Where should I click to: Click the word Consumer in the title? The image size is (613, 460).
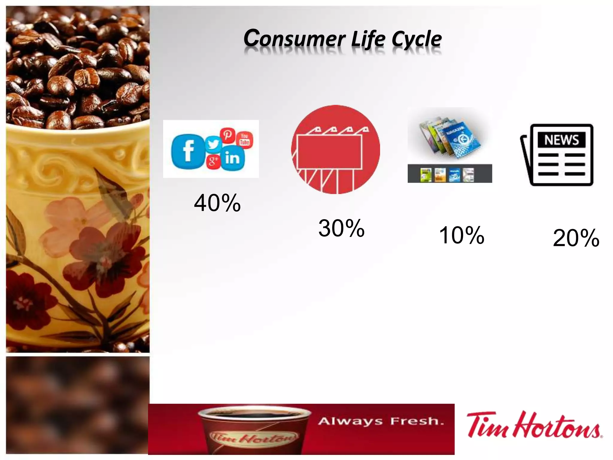295,39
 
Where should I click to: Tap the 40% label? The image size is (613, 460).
217,203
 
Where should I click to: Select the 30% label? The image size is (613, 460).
341,228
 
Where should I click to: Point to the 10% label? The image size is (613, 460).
462,235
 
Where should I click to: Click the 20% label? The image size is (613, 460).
576,238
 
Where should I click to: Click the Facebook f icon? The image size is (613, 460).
188,152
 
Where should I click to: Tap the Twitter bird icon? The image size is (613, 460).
213,144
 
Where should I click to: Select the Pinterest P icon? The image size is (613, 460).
227,135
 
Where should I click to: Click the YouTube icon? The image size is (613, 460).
245,139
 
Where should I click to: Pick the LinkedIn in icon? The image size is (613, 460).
233,158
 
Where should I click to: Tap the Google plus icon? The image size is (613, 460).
213,161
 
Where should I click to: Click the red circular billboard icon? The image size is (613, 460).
335,149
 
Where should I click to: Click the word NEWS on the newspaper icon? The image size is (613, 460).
561,140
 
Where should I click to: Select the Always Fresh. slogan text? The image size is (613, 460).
381,421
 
